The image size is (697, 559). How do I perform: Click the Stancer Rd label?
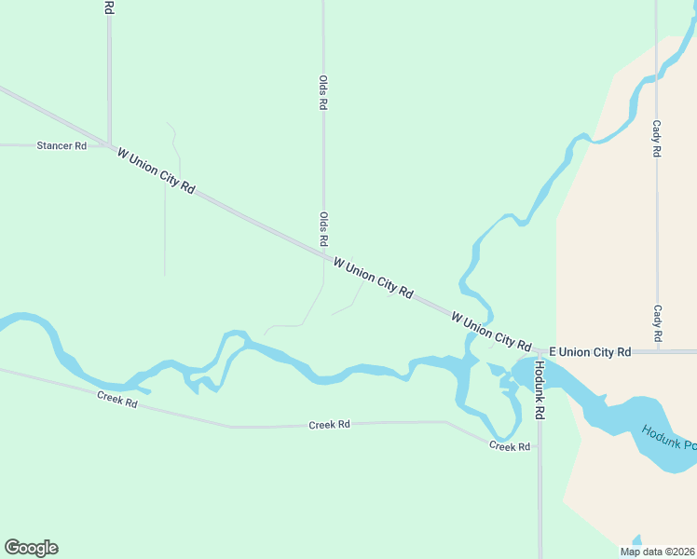point(61,146)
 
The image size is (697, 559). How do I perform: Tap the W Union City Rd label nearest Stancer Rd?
point(156,170)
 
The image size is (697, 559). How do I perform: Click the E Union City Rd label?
point(590,352)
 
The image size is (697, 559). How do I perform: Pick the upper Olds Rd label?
point(323,93)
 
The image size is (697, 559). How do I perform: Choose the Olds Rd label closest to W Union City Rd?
point(323,229)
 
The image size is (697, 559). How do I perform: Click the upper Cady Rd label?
point(657,138)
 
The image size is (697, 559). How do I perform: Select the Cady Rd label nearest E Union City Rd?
point(657,322)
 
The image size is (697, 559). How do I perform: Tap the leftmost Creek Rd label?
point(117,401)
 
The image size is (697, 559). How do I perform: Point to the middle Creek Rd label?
point(330,425)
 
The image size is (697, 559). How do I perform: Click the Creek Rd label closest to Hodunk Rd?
point(510,446)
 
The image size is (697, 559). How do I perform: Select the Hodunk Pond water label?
point(668,438)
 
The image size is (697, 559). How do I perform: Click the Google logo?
point(31,548)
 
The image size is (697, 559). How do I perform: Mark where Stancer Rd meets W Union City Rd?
point(110,145)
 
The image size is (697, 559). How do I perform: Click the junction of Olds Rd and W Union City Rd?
point(324,252)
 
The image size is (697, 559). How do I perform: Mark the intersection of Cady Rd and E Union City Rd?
point(657,352)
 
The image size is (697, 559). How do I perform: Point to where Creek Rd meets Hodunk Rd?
point(540,446)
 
